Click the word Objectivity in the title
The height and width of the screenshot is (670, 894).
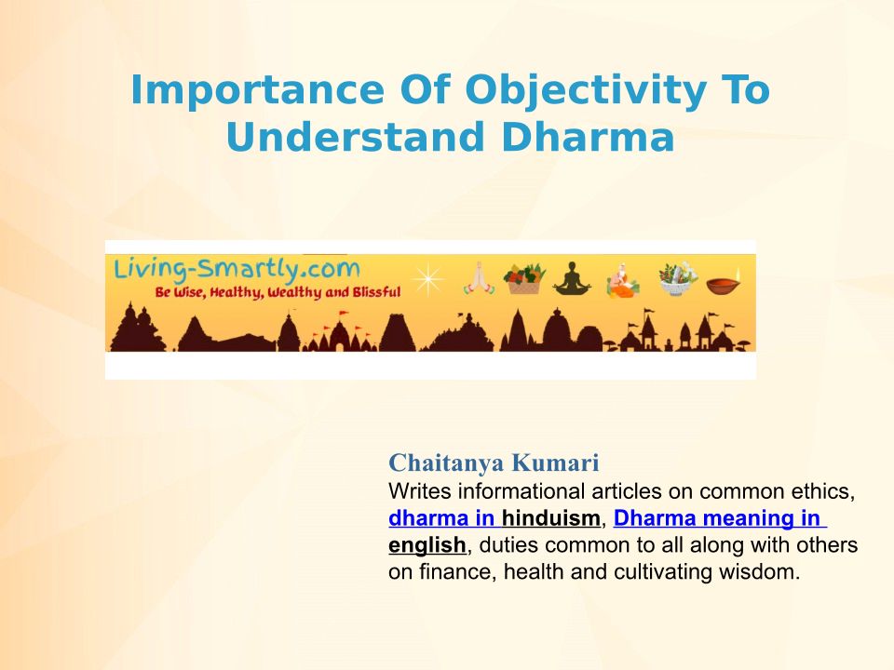point(586,90)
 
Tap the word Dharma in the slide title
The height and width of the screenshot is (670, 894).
point(588,138)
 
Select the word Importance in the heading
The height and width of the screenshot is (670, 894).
point(258,90)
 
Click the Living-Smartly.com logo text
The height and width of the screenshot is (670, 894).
point(237,269)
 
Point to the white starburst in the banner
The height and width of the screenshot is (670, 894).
point(427,279)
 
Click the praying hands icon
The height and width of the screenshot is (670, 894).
point(479,278)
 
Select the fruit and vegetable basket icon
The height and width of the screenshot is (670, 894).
point(524,278)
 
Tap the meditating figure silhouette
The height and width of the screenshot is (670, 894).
point(572,278)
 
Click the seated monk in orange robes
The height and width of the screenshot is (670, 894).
point(623,280)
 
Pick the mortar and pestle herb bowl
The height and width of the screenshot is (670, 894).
point(678,278)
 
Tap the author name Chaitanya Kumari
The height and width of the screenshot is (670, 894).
point(494,462)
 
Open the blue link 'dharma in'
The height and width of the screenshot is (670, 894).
point(441,518)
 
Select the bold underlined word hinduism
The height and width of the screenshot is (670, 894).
point(550,518)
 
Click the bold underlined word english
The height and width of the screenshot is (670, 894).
point(427,545)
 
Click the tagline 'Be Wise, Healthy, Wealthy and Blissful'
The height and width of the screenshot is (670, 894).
point(278,293)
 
